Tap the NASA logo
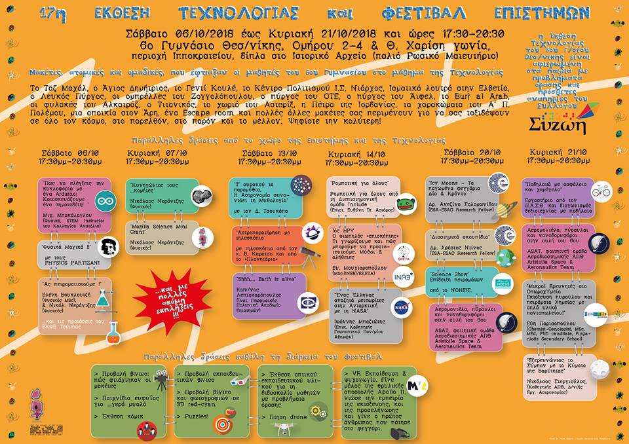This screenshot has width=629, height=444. tap(402, 307)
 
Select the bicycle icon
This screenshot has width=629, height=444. tap(600, 192)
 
